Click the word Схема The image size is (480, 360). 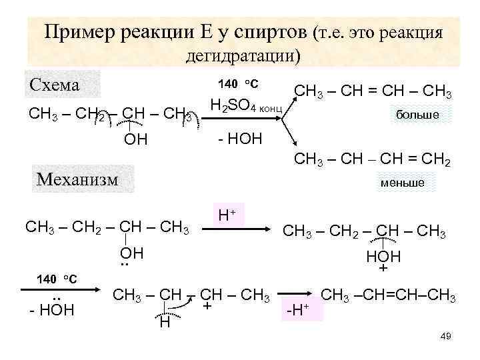(55, 85)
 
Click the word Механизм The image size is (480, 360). (83, 179)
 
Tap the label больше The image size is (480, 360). (417, 115)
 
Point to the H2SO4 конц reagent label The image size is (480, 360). (247, 106)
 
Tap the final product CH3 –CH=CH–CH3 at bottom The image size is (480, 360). (389, 294)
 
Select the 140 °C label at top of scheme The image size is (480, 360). (239, 84)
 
